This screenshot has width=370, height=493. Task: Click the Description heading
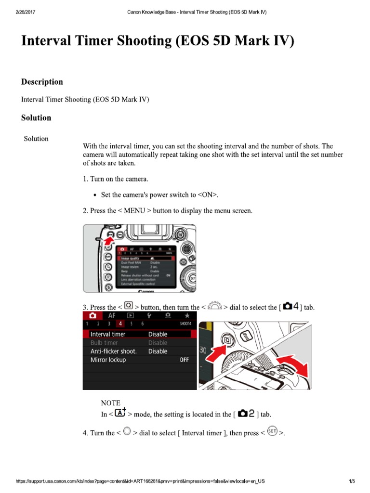42,82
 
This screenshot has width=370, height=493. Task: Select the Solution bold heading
36,117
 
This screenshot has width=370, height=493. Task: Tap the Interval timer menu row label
108,334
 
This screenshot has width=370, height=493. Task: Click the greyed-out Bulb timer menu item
104,343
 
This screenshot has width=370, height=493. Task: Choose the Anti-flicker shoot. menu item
114,351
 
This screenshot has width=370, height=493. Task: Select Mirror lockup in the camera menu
108,360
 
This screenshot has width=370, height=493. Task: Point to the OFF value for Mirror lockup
185,360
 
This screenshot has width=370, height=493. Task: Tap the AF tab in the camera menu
111,315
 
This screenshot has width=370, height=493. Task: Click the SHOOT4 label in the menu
185,324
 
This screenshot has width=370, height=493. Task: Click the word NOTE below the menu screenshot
110,402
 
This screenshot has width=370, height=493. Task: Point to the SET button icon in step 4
272,432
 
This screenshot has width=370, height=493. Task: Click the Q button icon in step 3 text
128,306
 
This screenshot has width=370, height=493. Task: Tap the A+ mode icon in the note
121,413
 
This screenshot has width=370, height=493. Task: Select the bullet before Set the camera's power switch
94,195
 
